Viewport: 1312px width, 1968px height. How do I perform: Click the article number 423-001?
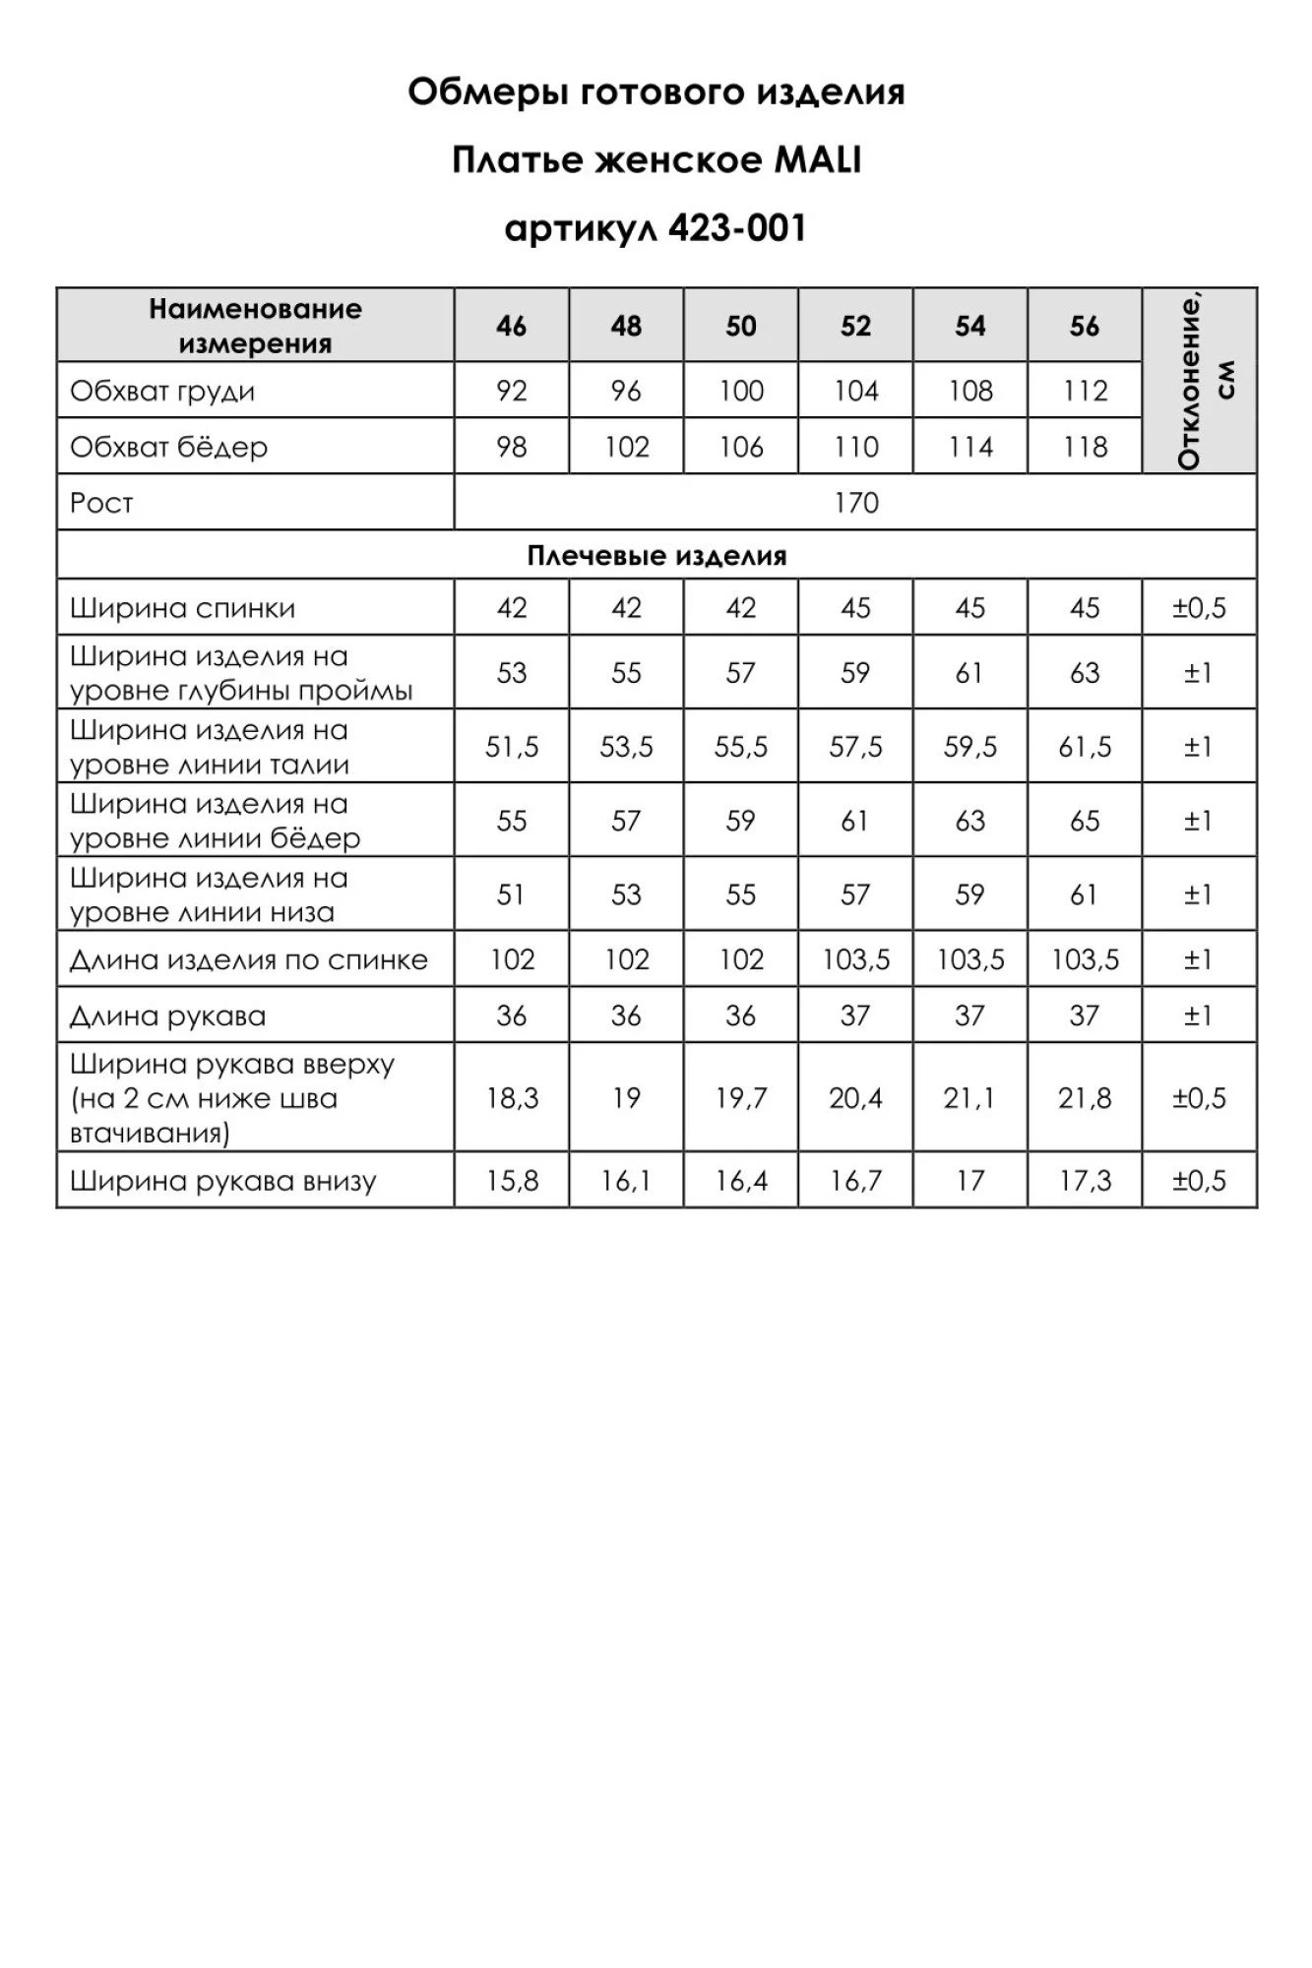(736, 229)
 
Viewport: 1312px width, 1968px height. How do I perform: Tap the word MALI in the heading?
(818, 160)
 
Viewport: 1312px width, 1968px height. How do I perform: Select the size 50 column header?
(741, 326)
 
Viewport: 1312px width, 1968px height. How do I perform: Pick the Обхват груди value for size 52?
(855, 392)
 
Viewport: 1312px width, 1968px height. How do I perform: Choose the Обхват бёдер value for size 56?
(1085, 448)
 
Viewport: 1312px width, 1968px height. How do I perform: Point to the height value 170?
(855, 504)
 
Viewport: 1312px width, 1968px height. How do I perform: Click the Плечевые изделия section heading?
(656, 556)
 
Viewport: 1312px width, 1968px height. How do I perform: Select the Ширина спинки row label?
(182, 608)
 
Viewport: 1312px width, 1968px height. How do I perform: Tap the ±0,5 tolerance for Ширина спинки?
(1199, 608)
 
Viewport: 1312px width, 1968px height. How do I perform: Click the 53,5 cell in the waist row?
(626, 748)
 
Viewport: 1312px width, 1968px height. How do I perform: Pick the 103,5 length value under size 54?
(970, 960)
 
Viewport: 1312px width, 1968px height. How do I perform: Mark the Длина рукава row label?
(167, 1016)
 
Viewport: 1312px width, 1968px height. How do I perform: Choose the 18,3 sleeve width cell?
(512, 1098)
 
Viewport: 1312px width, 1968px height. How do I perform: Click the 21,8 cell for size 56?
(1085, 1098)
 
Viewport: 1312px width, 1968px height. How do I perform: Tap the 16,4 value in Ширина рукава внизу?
(741, 1181)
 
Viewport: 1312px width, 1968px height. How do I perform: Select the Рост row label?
(101, 504)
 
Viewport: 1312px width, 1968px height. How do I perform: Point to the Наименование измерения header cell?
(255, 326)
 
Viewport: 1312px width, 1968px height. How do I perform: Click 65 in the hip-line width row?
(1085, 822)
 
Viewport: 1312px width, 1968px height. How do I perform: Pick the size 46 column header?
(512, 326)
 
